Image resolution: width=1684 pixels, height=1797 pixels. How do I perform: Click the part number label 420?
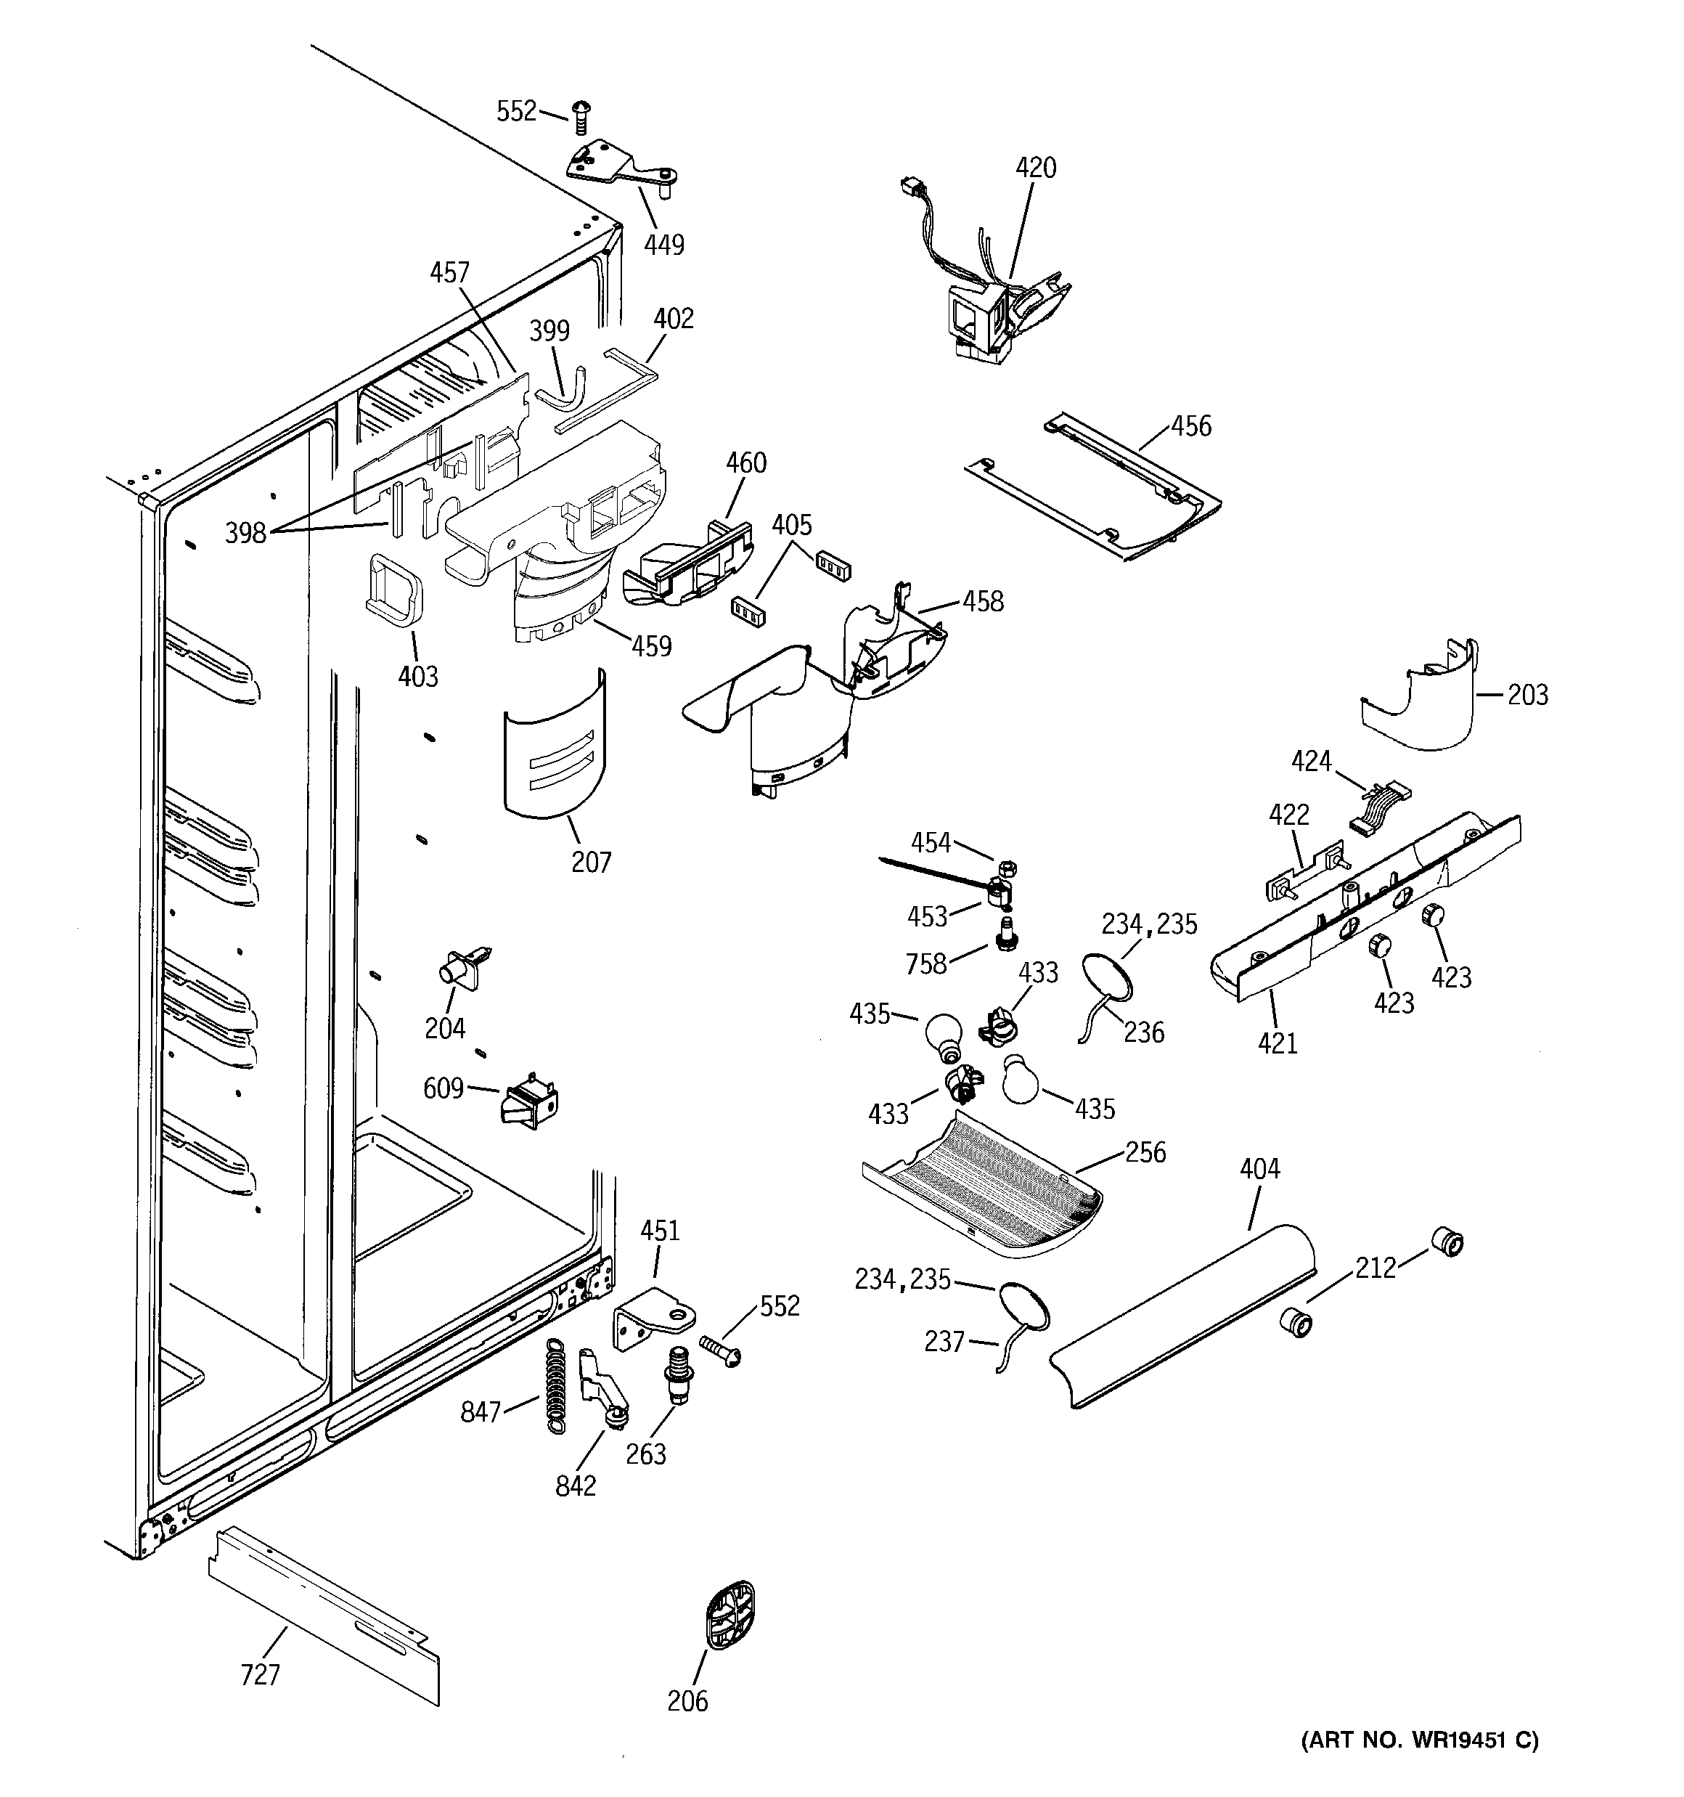pyautogui.click(x=1035, y=168)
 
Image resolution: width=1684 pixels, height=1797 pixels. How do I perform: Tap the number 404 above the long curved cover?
pyautogui.click(x=1259, y=1170)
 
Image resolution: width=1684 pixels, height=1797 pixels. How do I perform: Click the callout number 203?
pyautogui.click(x=1528, y=695)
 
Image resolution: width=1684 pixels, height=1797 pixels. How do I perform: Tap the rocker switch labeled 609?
pyautogui.click(x=531, y=1101)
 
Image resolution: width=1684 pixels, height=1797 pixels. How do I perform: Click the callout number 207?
pyautogui.click(x=591, y=863)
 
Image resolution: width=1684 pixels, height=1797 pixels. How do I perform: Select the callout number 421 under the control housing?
pyautogui.click(x=1278, y=1043)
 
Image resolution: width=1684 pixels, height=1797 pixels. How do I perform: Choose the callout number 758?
pyautogui.click(x=925, y=964)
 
